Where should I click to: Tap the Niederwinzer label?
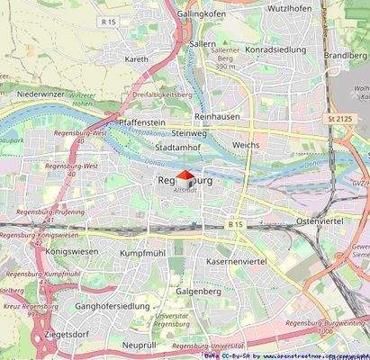pos(44,93)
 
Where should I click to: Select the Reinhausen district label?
pos(222,117)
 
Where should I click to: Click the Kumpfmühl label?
pos(146,254)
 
